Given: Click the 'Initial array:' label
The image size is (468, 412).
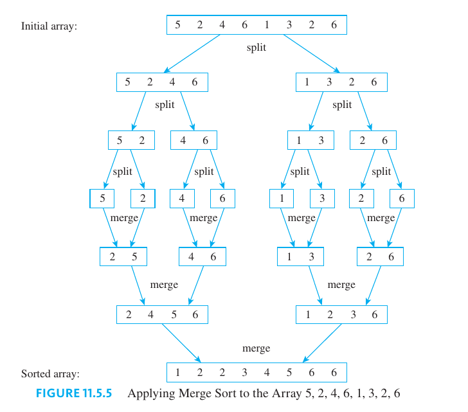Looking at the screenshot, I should (x=50, y=26).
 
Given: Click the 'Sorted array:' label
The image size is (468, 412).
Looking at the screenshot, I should (x=50, y=373).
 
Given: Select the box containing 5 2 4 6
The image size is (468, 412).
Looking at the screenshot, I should (x=162, y=82).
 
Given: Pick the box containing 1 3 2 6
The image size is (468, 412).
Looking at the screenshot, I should (x=341, y=82).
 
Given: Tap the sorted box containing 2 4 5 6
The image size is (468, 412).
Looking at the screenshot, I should (x=162, y=314).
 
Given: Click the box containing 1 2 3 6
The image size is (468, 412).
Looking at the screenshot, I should (x=341, y=314).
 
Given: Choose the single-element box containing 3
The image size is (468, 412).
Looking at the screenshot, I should (x=322, y=199).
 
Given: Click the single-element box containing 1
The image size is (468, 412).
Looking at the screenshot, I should (x=282, y=199).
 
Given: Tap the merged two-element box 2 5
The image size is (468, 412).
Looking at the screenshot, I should (x=123, y=256).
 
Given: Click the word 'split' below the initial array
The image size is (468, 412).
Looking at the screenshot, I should (x=256, y=48).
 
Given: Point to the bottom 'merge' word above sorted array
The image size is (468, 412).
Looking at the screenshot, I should (x=256, y=348).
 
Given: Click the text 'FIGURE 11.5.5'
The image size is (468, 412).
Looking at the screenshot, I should (x=75, y=393).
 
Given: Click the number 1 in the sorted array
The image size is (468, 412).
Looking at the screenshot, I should (x=177, y=372).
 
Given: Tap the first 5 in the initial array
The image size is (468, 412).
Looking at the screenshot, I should (x=177, y=25).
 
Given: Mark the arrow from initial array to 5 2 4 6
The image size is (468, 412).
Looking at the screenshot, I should (x=193, y=53).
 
